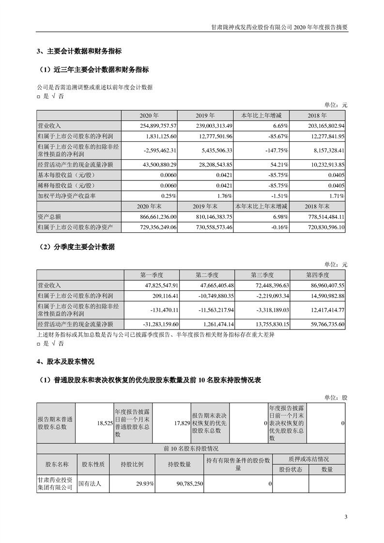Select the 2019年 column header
pos(205,116)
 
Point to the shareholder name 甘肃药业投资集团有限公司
pos(55,483)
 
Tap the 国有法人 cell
pos(90,483)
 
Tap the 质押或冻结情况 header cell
pos(308,459)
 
